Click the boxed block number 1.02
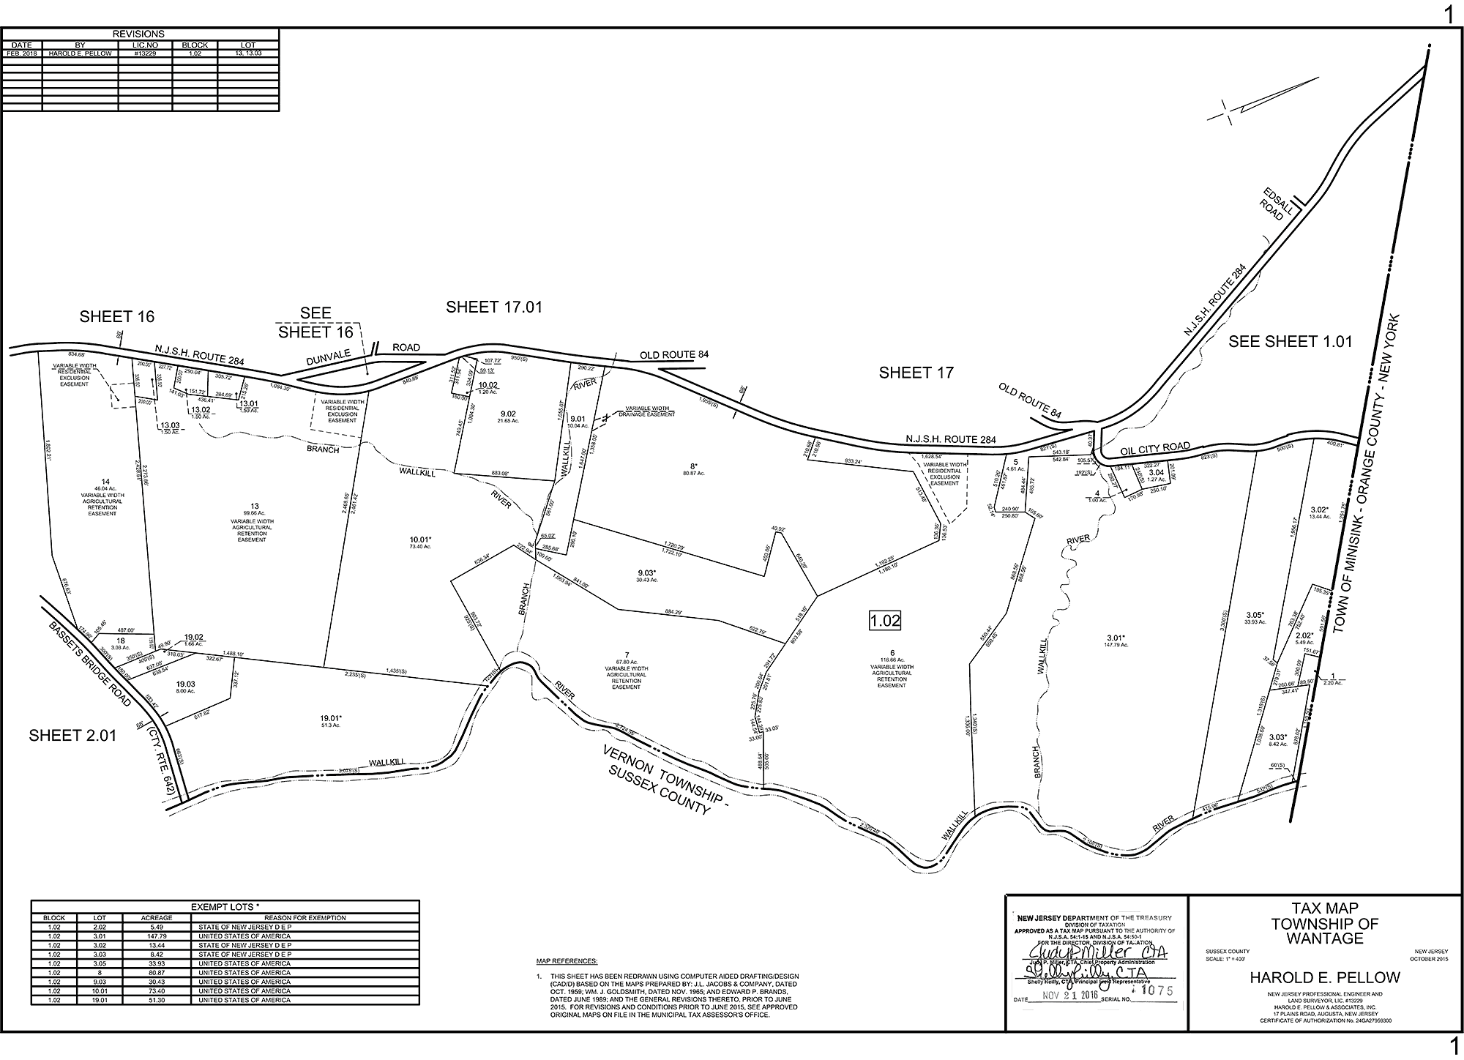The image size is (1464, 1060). (x=884, y=621)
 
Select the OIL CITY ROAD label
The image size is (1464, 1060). (x=1154, y=448)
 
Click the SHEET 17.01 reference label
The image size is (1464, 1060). (x=494, y=307)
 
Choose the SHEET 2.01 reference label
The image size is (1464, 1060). (x=72, y=736)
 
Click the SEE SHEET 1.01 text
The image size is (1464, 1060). (x=1290, y=341)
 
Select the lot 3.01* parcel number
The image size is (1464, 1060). (x=1116, y=637)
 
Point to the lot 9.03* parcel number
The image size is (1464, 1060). (x=646, y=572)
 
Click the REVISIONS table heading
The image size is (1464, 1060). (x=139, y=34)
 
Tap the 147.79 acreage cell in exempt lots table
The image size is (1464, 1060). (x=157, y=936)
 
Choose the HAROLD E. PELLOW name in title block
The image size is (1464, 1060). (x=1325, y=977)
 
